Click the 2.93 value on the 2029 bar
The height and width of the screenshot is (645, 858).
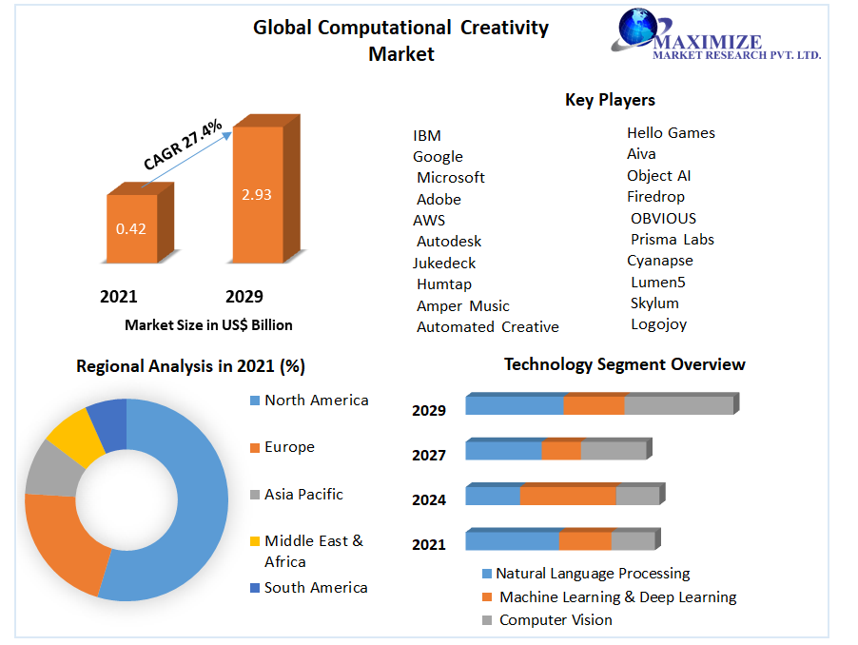click(256, 195)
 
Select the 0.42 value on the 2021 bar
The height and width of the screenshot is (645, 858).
click(130, 228)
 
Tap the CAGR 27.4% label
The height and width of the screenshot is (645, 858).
click(183, 145)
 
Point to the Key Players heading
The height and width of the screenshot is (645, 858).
click(610, 100)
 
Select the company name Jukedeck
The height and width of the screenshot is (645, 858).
click(444, 264)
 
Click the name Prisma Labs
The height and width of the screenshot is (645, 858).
click(672, 240)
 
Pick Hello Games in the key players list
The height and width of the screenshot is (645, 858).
click(671, 133)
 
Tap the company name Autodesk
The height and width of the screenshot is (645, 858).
click(449, 242)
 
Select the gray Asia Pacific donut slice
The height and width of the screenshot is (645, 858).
click(48, 468)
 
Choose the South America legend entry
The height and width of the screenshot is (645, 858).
click(315, 588)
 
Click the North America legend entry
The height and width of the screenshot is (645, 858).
click(316, 401)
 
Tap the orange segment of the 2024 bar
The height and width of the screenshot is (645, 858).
click(568, 496)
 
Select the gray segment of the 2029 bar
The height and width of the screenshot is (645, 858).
click(678, 405)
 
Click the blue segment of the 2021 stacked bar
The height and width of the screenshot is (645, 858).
click(512, 540)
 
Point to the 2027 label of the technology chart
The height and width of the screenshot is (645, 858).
click(429, 456)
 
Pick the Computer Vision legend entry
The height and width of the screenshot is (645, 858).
click(555, 620)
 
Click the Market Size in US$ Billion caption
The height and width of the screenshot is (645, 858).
click(208, 325)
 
